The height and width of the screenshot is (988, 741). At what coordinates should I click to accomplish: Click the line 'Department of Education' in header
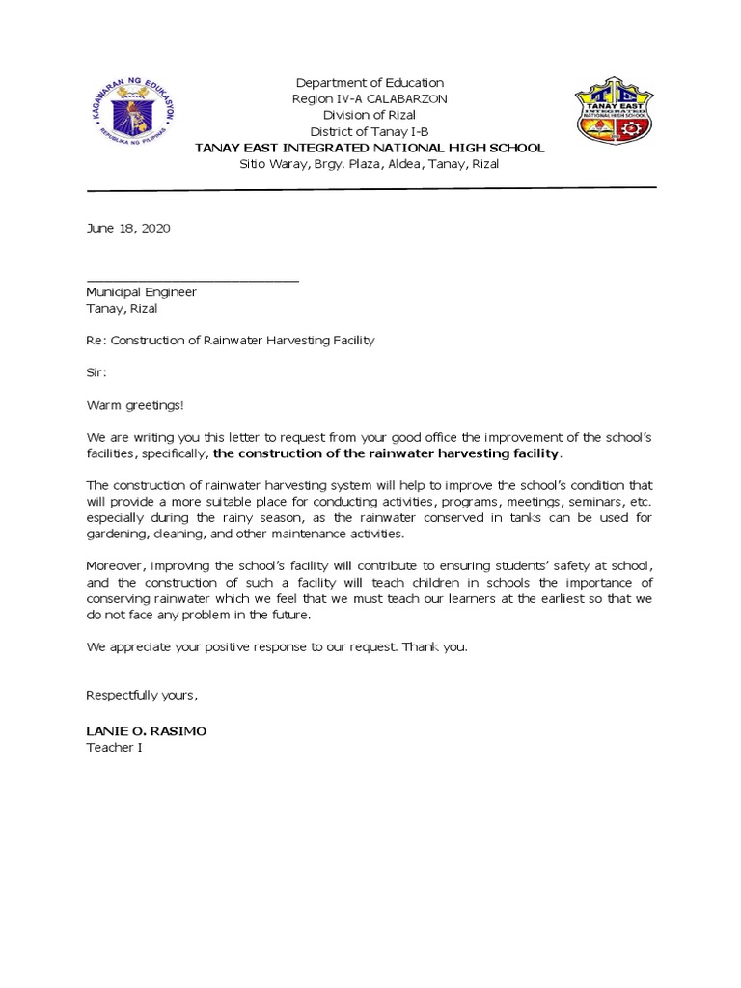(370, 83)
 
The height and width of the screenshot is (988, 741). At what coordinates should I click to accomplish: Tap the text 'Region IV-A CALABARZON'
(370, 99)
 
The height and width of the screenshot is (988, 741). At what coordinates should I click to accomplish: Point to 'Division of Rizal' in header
(370, 116)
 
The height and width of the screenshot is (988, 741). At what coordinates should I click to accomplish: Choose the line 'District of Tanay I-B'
(370, 132)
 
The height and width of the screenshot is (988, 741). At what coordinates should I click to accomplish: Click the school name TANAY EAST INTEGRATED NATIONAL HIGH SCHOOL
(370, 148)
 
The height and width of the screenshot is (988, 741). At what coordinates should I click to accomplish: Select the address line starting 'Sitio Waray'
(370, 164)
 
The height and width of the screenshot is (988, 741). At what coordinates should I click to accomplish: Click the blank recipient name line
(192, 280)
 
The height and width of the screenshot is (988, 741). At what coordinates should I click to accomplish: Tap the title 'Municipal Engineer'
(141, 292)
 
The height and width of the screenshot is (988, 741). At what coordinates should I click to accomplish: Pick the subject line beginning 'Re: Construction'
(230, 341)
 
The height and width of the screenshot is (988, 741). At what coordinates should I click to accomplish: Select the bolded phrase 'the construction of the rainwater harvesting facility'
(386, 453)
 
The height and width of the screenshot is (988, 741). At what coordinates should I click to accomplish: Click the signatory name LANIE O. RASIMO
(146, 731)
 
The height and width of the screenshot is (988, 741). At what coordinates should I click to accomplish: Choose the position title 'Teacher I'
(114, 748)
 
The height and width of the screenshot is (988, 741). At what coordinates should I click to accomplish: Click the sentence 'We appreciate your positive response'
(276, 647)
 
